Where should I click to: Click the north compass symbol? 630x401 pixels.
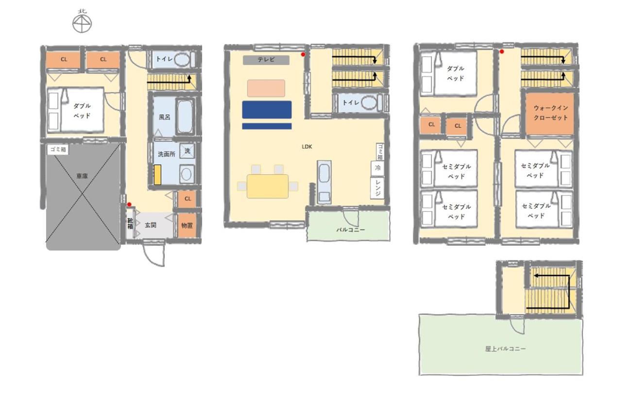click(82, 22)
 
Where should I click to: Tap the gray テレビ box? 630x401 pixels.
click(266, 60)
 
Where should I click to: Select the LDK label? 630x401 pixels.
click(307, 147)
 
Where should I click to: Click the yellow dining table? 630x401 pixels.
click(268, 186)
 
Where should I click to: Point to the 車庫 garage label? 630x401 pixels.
click(82, 176)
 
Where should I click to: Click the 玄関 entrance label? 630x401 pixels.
click(151, 225)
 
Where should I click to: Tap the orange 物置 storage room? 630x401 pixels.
click(187, 225)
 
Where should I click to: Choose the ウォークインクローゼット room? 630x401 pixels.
click(550, 114)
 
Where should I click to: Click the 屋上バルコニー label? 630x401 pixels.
click(505, 349)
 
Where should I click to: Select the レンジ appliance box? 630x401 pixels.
click(377, 188)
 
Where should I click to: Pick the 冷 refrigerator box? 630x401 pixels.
click(377, 168)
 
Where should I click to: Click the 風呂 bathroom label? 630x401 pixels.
click(165, 117)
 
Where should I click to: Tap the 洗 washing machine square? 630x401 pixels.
click(187, 151)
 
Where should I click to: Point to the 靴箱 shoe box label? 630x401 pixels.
click(130, 224)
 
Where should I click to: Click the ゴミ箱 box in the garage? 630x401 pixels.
click(58, 150)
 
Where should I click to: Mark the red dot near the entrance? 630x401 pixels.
click(129, 204)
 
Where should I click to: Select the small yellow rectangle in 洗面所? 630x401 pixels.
click(157, 175)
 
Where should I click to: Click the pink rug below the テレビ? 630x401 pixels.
click(266, 88)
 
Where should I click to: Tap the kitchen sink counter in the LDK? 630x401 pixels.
click(324, 182)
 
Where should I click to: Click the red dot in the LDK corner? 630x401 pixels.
click(303, 54)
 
